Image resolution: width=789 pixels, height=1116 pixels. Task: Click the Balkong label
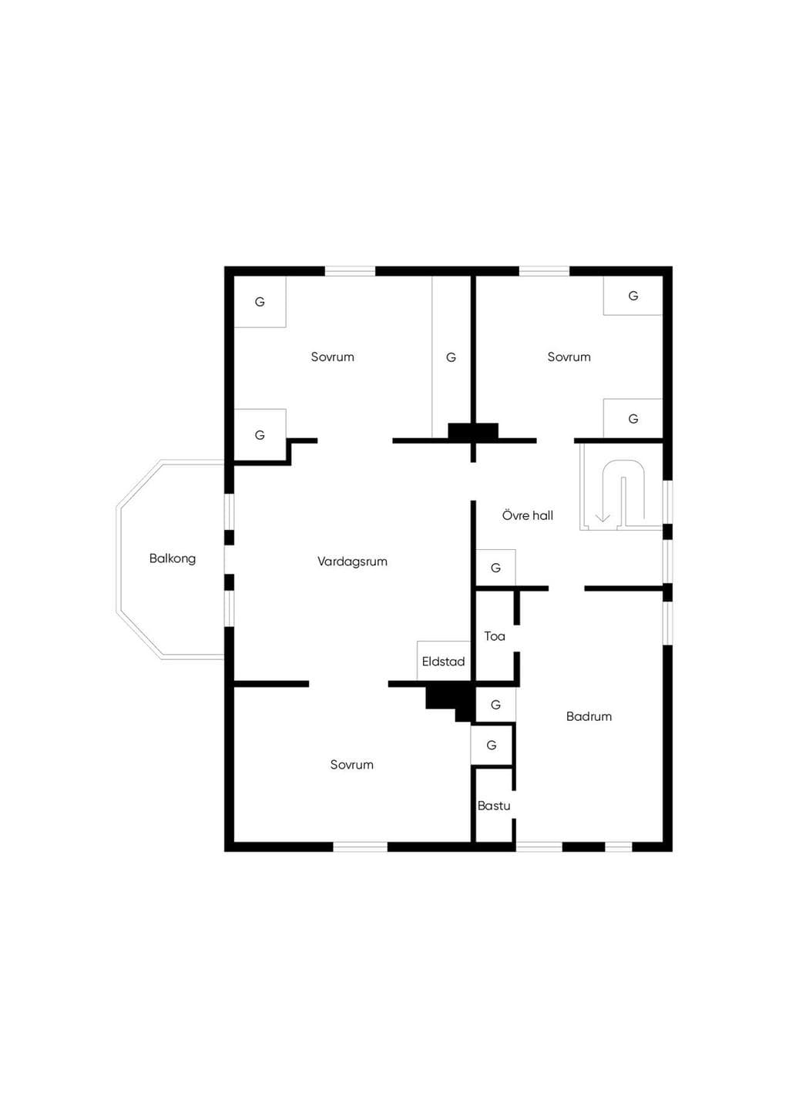pos(173,558)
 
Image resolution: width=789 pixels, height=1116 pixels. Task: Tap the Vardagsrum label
pos(352,561)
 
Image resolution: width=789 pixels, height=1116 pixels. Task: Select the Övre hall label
pos(527,515)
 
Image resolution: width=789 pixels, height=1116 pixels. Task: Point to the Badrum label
pos(589,716)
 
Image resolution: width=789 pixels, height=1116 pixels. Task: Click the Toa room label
pos(495,636)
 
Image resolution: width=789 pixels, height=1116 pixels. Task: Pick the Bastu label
pos(494,806)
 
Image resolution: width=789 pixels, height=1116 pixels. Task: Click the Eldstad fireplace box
pos(444,661)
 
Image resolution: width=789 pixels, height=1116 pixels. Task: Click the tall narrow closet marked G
pos(451,357)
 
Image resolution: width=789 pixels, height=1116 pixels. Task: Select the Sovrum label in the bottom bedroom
pos(352,765)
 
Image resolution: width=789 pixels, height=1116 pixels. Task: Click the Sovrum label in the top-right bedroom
pos(569,357)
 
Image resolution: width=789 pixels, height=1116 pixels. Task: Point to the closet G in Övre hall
pos(495,568)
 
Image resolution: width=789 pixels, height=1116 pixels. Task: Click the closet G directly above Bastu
pos(492,746)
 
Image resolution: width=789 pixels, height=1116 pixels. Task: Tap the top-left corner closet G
pos(260,302)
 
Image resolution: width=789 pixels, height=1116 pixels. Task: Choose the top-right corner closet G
pos(633,296)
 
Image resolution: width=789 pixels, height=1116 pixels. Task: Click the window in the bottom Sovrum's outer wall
pos(360,846)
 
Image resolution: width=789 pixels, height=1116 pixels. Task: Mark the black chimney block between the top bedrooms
pos(473,431)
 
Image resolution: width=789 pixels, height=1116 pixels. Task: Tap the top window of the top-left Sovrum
pos(350,272)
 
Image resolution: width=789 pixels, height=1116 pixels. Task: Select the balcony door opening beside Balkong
pos(230,560)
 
